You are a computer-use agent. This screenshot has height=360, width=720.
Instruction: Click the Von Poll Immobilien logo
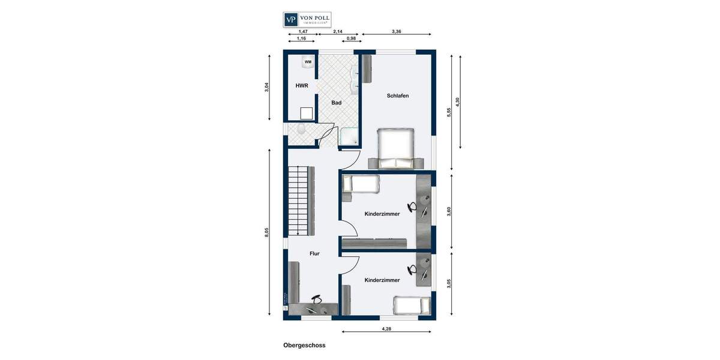307,19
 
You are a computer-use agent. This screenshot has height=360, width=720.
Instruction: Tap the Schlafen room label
397,95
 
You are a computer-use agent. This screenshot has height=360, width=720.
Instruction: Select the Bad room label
336,103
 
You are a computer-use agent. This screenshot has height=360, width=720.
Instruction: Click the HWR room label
301,86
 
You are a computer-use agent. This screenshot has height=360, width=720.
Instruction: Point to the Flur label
314,253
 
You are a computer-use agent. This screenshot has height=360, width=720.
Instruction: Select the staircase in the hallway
298,201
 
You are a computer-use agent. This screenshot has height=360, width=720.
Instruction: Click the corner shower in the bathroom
349,137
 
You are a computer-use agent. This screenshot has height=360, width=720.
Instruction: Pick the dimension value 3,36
397,31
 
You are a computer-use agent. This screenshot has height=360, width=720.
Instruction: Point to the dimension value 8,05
267,232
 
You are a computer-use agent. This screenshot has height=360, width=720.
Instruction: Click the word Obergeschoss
304,345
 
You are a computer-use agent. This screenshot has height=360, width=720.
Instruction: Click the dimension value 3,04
267,87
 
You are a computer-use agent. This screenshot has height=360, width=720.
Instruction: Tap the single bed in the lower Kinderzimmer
412,305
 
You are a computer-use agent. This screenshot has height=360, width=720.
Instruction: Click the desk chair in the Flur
316,299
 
